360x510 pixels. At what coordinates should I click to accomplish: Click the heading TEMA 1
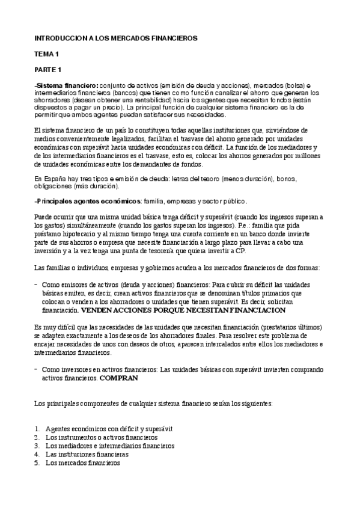coord(46,54)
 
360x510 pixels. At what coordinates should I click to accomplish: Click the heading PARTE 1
coord(47,70)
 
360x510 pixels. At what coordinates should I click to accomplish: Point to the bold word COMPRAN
coord(119,379)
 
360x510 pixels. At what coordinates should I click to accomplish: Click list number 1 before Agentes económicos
coord(37,429)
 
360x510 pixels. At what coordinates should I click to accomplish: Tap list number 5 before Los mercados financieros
coord(37,463)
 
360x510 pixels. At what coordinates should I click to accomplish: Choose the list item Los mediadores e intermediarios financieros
coord(109,446)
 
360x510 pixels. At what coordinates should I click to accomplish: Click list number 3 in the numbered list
coord(37,446)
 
